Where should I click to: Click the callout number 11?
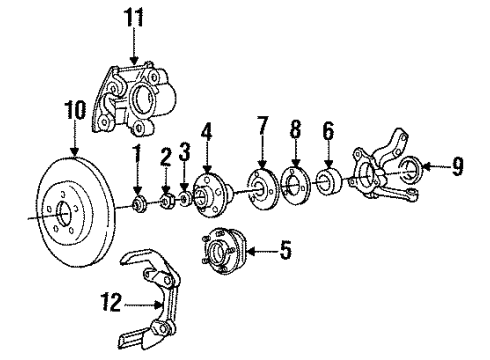(x=134, y=16)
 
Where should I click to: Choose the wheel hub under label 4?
(x=210, y=198)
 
